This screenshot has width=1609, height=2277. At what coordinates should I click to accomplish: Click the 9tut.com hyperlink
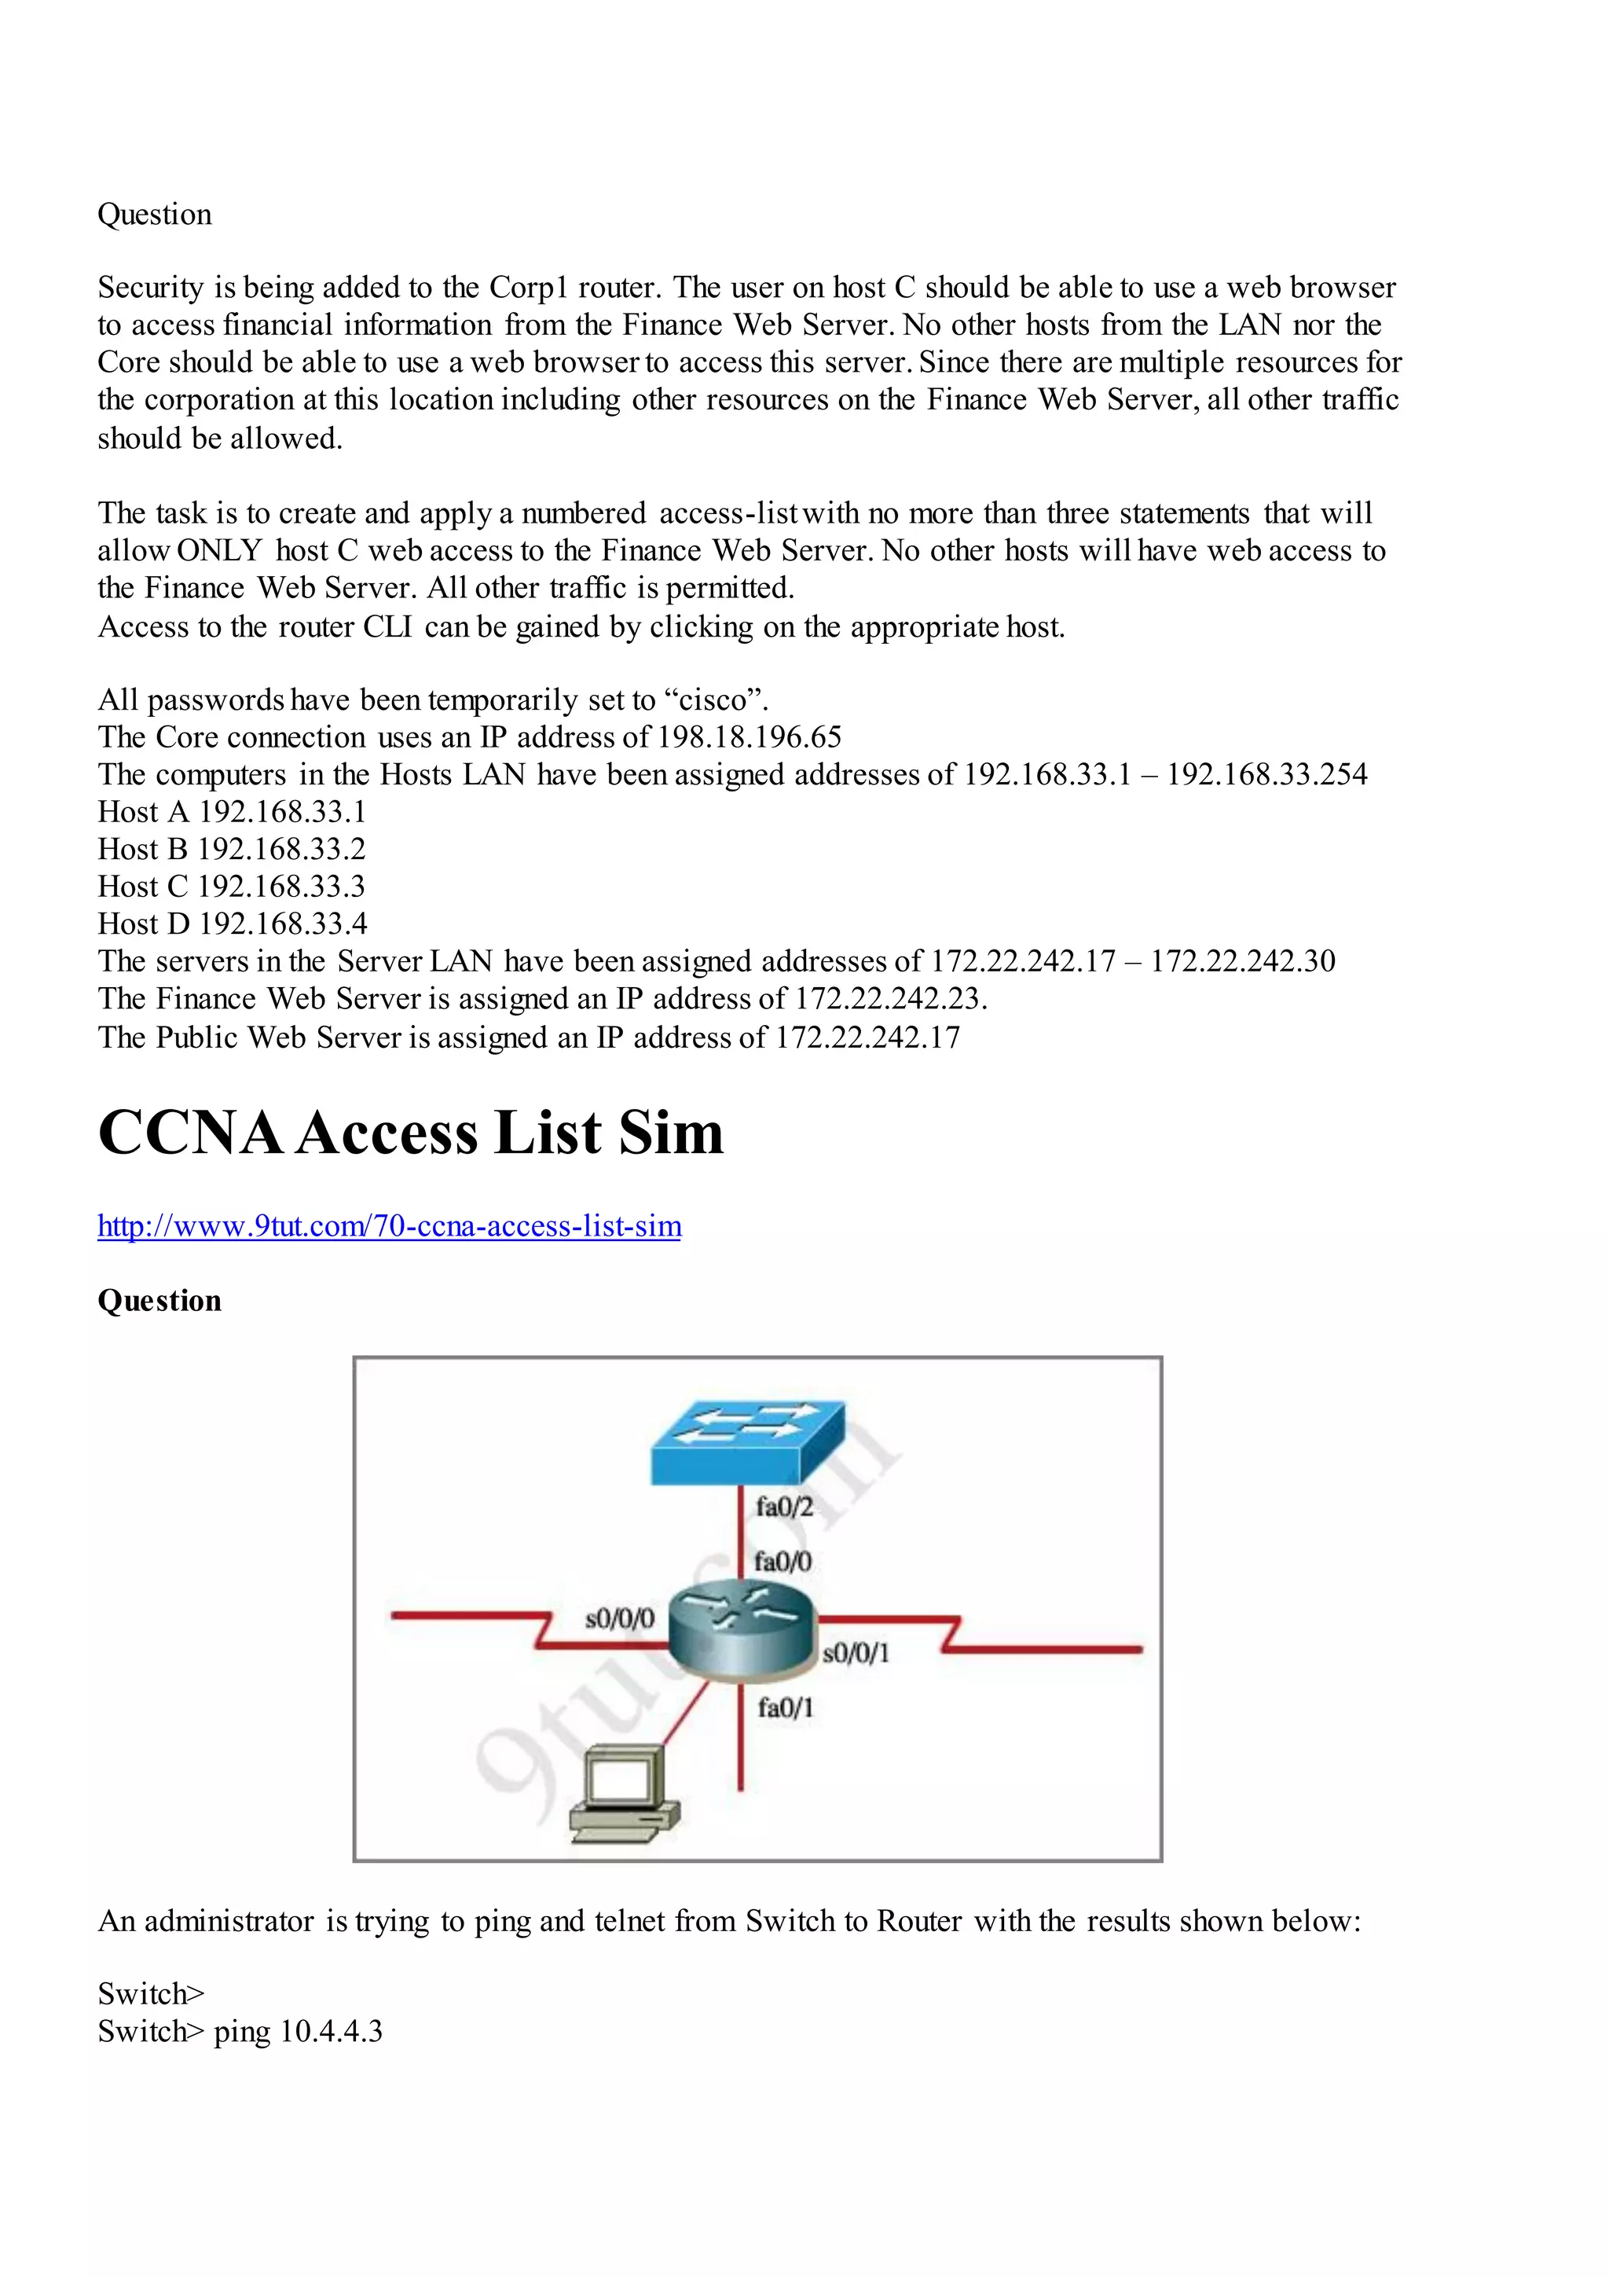pos(389,1226)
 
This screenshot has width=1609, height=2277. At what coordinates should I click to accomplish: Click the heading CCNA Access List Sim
pos(410,1133)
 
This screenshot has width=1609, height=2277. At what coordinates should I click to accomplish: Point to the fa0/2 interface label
pos(784,1508)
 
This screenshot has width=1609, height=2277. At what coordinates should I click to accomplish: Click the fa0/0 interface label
pos(783,1562)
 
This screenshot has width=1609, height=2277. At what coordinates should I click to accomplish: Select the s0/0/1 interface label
pos(856,1652)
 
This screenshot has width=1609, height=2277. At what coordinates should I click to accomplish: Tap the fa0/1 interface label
pos(785,1708)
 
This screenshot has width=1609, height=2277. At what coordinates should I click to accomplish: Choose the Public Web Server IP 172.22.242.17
pos(867,1038)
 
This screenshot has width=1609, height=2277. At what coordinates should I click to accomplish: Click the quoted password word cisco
pos(718,700)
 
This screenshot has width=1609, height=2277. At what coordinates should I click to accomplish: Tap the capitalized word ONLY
pos(219,550)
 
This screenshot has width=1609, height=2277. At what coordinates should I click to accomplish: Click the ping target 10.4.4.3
pos(331,2031)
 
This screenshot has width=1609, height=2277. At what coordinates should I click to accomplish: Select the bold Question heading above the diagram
pos(159,1300)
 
